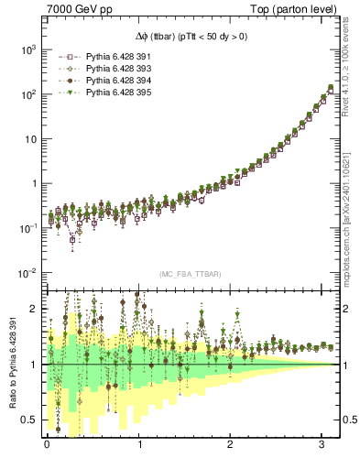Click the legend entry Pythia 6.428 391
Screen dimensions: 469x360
117,57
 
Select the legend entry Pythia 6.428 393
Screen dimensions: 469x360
117,69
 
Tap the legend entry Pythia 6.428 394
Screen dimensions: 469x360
117,81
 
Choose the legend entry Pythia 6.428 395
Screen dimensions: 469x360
117,93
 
